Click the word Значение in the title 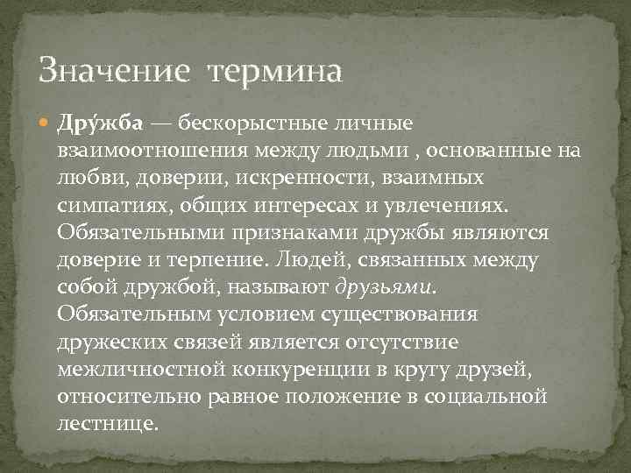pyautogui.click(x=113, y=70)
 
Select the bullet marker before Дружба pyautogui.click(x=46, y=127)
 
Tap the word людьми pyautogui.click(x=343, y=152)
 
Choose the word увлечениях pyautogui.click(x=455, y=205)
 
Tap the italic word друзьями pyautogui.click(x=386, y=287)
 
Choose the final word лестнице pyautogui.click(x=108, y=423)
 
